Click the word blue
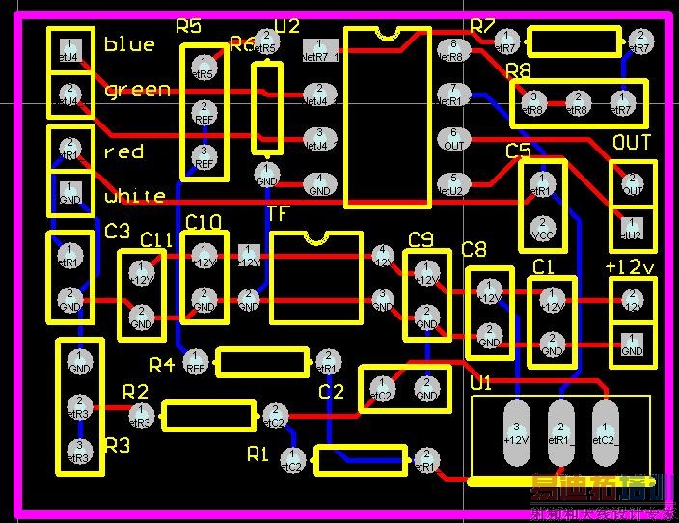point(129,44)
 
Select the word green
point(137,90)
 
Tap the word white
point(135,196)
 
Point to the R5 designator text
point(188,26)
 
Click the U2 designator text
point(287,26)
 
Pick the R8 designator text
point(518,70)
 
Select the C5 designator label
point(518,151)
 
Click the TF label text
point(278,213)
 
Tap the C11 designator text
point(156,239)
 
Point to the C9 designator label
point(421,239)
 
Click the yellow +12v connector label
point(630,265)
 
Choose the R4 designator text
point(162,365)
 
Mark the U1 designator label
point(480,383)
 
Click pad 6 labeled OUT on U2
point(453,139)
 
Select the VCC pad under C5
point(541,229)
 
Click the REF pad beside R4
point(196,362)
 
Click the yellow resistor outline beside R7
point(573,41)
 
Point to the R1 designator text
point(258,454)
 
